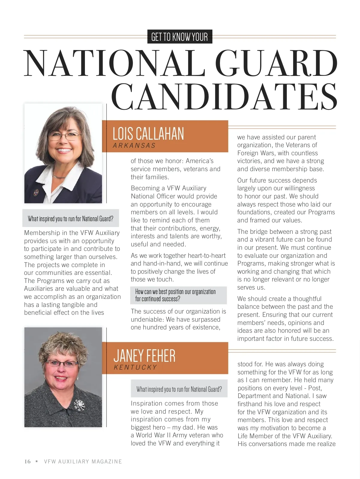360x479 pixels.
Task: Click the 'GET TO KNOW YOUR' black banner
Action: (180, 37)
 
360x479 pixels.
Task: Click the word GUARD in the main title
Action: (276, 64)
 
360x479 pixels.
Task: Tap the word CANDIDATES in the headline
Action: (224, 97)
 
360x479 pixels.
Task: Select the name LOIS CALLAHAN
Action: (148, 134)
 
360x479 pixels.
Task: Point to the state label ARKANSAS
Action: (134, 146)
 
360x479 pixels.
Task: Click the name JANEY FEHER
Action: (144, 356)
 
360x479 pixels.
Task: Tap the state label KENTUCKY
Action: (135, 367)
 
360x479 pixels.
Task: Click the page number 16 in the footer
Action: (27, 462)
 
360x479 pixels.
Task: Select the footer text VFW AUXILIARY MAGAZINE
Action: (83, 462)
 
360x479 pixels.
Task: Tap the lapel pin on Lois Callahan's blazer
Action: (37, 191)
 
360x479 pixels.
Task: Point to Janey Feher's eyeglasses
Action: (62, 364)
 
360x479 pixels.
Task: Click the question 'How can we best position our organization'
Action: (175, 292)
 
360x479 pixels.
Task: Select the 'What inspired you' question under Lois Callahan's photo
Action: (70, 219)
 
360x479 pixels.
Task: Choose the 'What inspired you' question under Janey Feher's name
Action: (179, 389)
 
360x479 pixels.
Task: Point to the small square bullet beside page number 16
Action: (37, 461)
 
